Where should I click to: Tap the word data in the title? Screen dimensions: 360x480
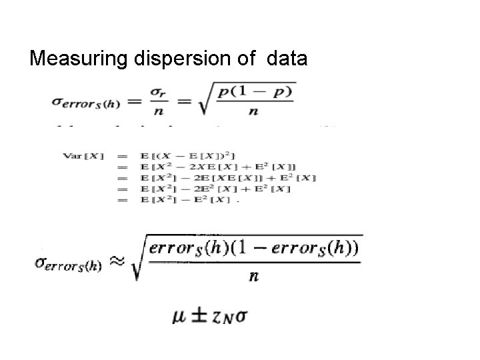[287, 59]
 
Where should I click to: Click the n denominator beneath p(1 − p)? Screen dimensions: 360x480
[253, 111]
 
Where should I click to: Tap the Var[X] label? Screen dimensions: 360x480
[83, 156]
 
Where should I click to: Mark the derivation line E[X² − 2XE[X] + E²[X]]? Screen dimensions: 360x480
[207, 167]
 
